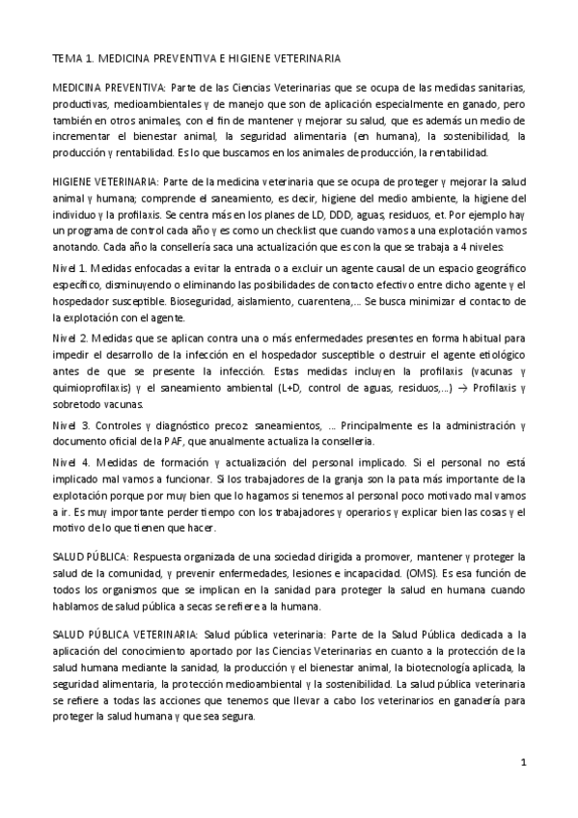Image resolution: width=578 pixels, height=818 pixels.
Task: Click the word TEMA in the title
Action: (x=67, y=59)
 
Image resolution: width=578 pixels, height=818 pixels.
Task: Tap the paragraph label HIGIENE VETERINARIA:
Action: (x=105, y=180)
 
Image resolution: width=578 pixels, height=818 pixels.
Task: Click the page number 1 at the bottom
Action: (x=523, y=762)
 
